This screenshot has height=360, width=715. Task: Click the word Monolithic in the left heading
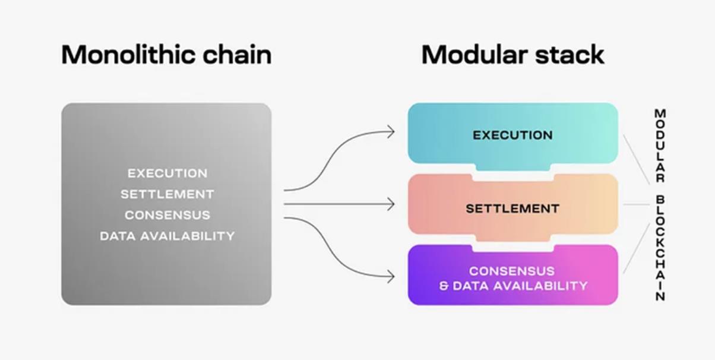coord(128,55)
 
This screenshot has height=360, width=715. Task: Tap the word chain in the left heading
coord(237,55)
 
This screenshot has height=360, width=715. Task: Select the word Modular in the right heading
coord(474,55)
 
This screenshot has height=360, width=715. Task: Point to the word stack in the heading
coord(570,55)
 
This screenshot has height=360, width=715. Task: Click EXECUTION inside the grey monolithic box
coord(167,173)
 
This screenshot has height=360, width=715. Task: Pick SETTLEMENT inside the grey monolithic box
coord(167,194)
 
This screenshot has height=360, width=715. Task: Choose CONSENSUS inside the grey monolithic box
coord(167,215)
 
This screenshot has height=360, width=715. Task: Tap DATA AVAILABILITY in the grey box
coord(167,236)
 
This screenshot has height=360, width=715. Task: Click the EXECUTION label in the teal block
coord(512,135)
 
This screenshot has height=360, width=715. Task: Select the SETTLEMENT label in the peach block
coord(512,209)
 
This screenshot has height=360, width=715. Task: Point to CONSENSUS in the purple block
coord(512,271)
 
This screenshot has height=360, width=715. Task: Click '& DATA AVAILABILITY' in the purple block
coord(513,286)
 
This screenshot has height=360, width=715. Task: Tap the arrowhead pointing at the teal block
coord(391,132)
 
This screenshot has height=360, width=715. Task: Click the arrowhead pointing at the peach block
coord(391,204)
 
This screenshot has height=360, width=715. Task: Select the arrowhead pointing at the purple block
coord(391,277)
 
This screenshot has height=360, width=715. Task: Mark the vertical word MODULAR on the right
coord(660,146)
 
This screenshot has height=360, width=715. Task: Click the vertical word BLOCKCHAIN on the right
coord(660,248)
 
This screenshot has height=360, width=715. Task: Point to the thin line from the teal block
coord(636,159)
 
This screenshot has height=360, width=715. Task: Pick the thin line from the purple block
coord(636,248)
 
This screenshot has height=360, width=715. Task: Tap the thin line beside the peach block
coord(636,204)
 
